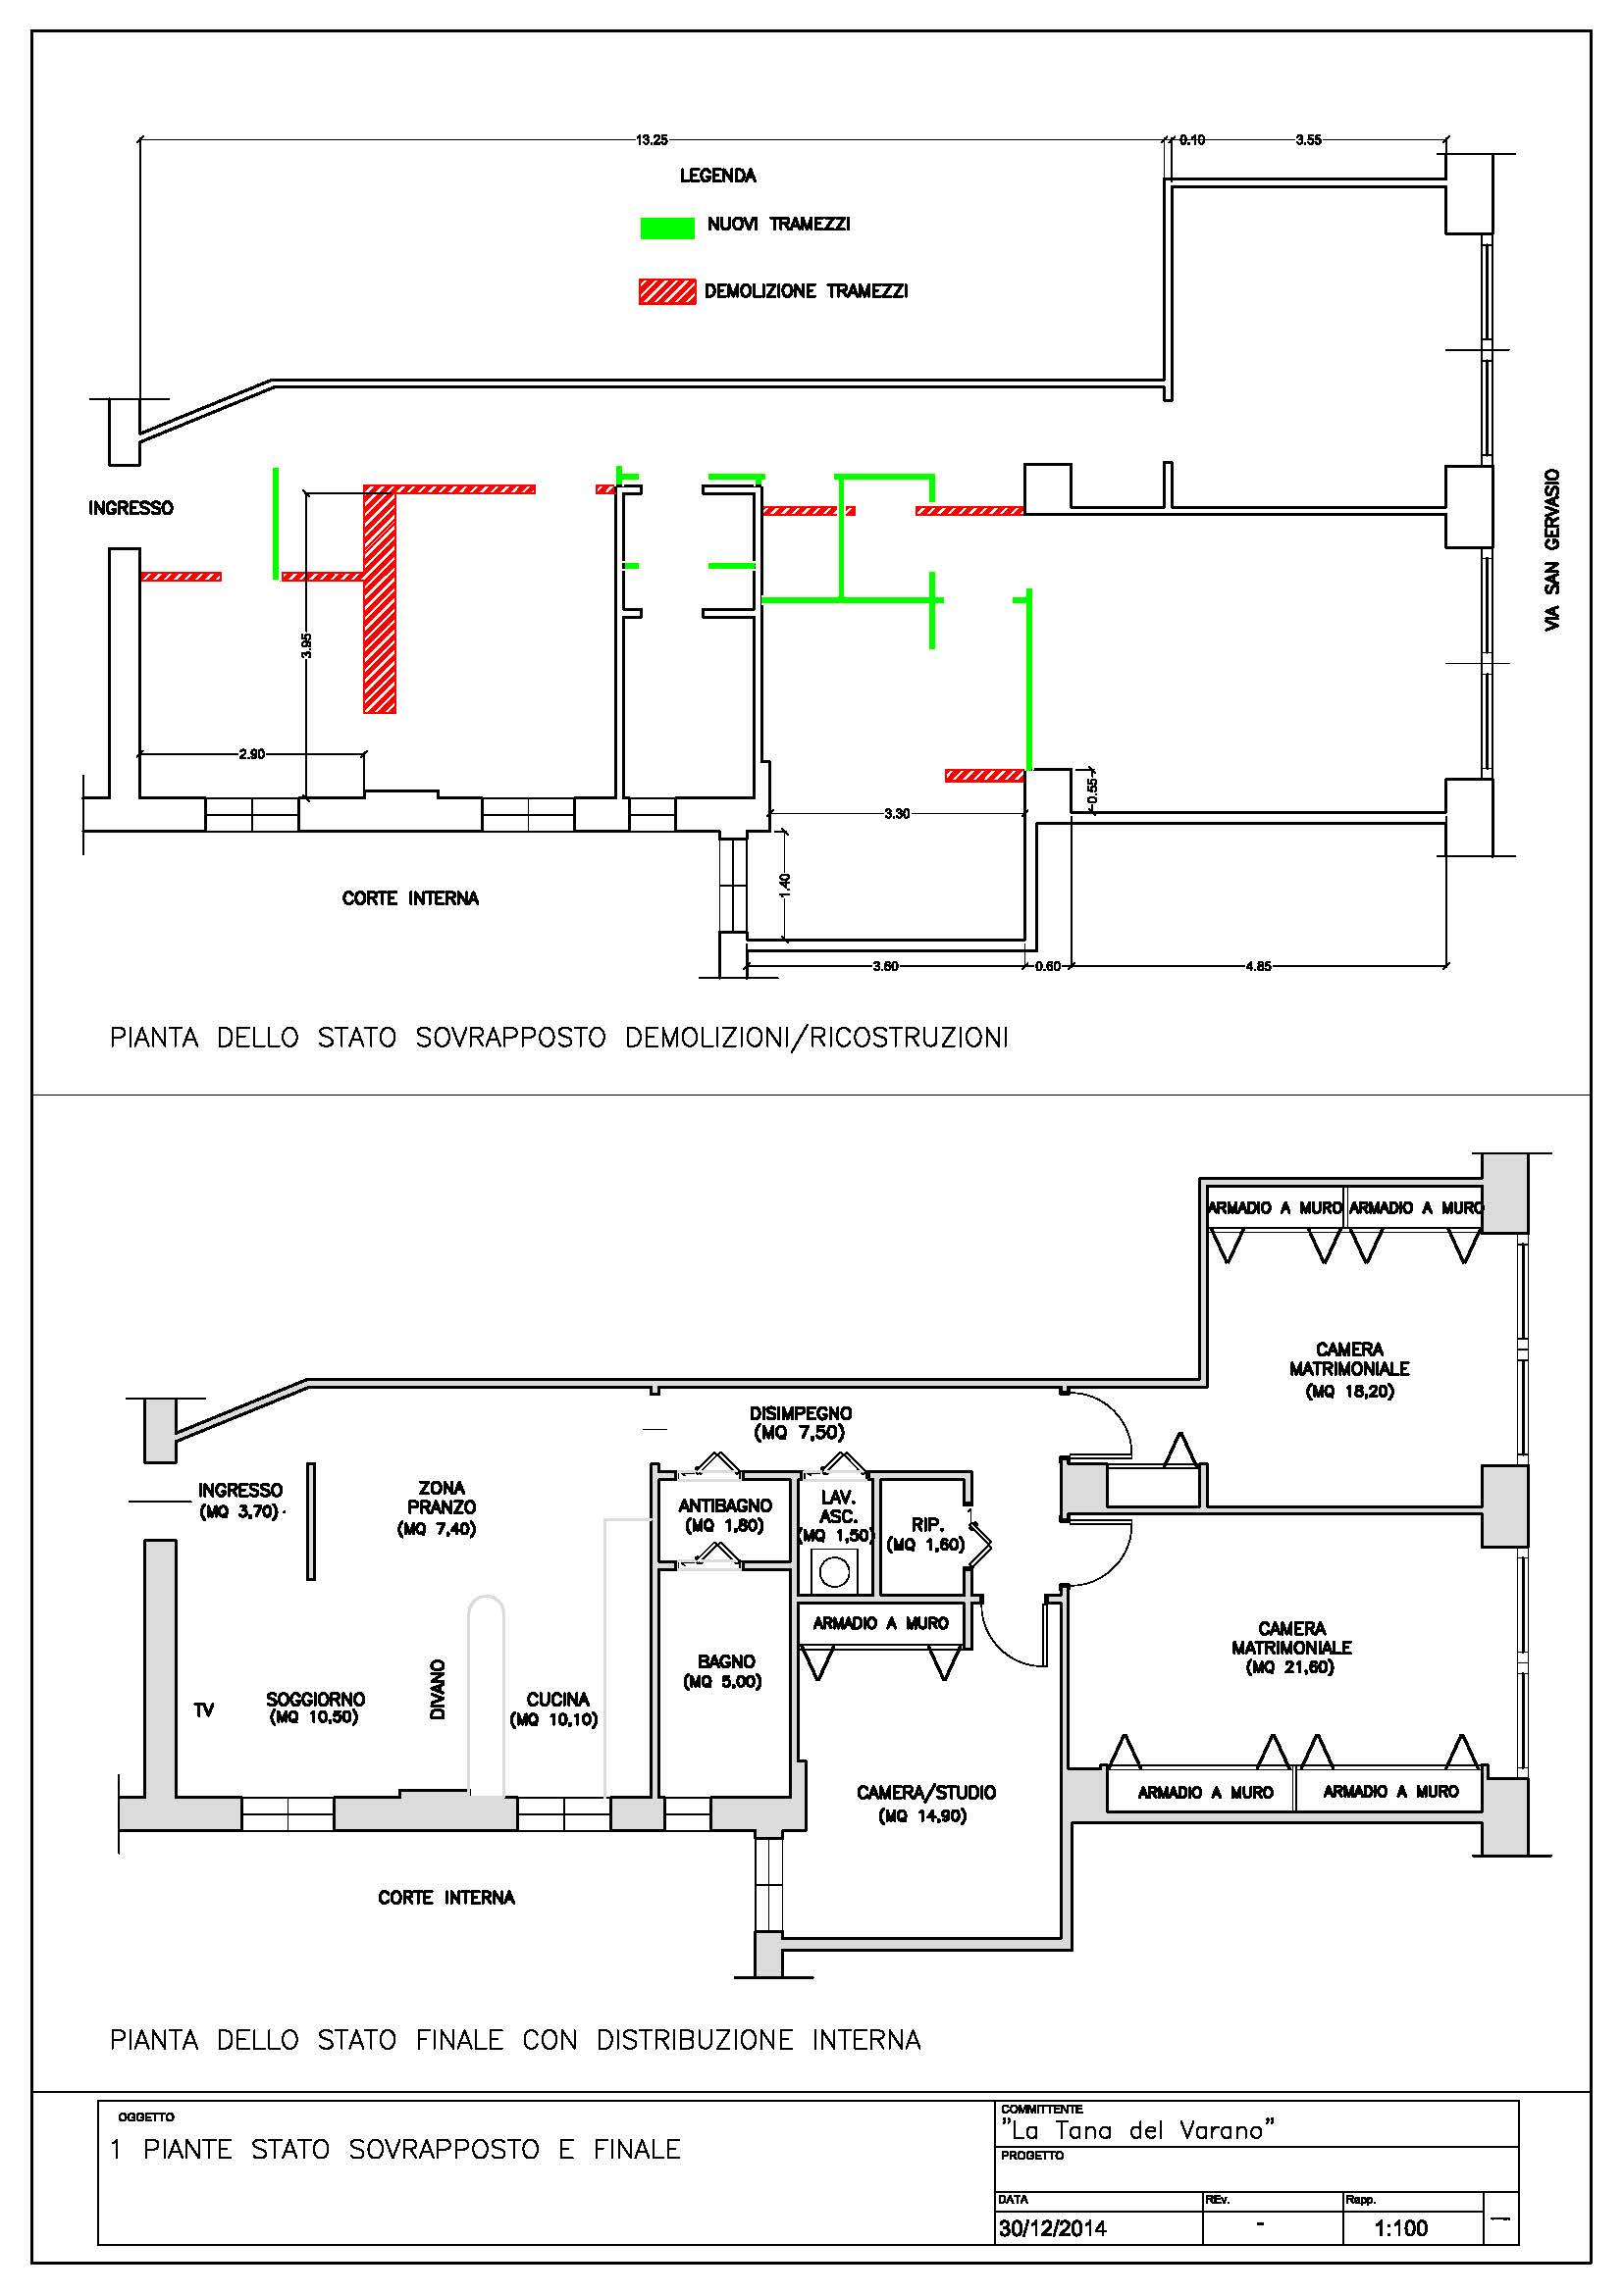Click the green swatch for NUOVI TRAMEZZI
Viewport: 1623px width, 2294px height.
tap(666, 228)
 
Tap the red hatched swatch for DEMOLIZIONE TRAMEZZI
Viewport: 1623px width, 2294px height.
tap(666, 291)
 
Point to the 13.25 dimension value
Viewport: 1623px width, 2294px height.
tap(652, 140)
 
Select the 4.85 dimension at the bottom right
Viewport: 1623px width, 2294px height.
tap(1258, 966)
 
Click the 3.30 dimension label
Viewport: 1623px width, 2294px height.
tap(897, 813)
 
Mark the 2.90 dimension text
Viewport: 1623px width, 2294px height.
tap(252, 754)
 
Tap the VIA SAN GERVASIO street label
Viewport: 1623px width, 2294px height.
tap(1552, 549)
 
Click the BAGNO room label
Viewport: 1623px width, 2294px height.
tap(726, 1660)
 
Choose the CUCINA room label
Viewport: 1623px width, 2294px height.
tap(557, 1699)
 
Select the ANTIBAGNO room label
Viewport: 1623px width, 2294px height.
tap(724, 1505)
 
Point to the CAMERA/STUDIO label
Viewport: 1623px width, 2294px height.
tap(926, 1793)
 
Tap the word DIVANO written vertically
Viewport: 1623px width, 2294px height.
tap(438, 1690)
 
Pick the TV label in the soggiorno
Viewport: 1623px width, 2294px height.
tap(204, 1710)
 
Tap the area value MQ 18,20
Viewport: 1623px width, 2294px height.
tap(1349, 1391)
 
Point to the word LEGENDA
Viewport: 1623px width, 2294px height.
tap(717, 176)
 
